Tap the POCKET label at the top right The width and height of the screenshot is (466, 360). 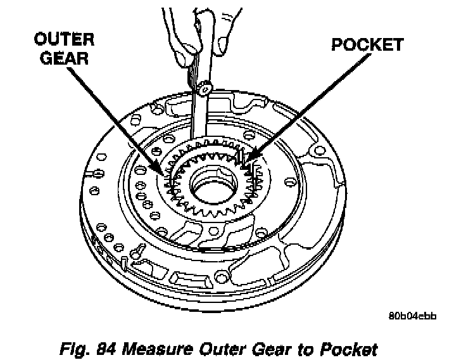367,44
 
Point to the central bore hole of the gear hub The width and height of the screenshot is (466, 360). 215,188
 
